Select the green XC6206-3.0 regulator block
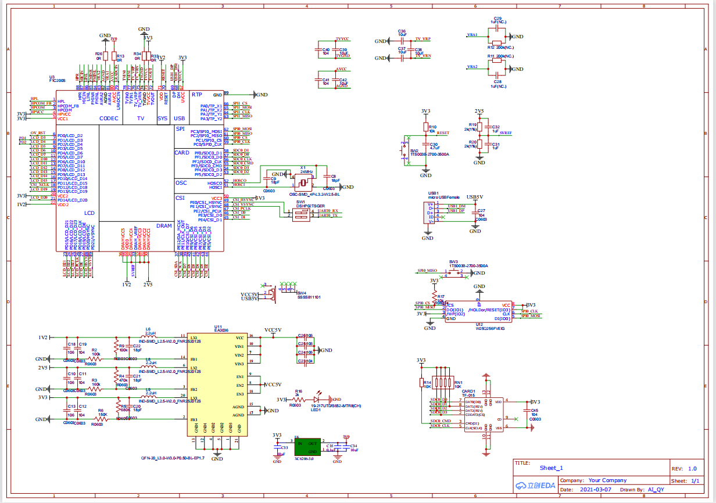(307, 447)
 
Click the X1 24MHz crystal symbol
(303, 181)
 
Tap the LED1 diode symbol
(318, 399)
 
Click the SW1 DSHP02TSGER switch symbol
(300, 214)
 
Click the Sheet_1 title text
(551, 468)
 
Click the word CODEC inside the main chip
(109, 118)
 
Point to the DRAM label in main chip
(164, 226)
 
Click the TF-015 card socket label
(468, 395)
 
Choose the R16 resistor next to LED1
(299, 399)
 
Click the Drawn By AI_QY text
(646, 490)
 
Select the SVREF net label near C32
(506, 133)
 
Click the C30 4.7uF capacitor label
(434, 146)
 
